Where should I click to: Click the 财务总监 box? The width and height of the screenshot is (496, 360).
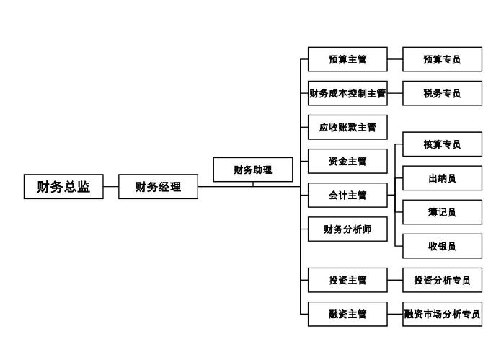click(x=63, y=188)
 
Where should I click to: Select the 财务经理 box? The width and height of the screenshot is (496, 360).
click(x=158, y=188)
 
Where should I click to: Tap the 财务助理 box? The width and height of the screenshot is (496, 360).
click(x=253, y=170)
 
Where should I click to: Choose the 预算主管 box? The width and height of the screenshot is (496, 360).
click(x=347, y=59)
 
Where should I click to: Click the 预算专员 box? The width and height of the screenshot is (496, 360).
click(x=442, y=59)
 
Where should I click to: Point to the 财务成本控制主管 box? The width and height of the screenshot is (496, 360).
click(x=347, y=93)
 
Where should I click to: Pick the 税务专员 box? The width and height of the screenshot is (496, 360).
click(x=442, y=93)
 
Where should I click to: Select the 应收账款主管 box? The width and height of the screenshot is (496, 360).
click(x=347, y=127)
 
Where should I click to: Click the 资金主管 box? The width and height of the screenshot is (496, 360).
click(x=347, y=161)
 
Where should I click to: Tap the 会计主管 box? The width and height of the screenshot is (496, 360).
click(x=347, y=195)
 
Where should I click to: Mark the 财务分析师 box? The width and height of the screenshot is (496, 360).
click(x=347, y=229)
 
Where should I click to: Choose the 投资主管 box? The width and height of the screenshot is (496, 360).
click(x=347, y=280)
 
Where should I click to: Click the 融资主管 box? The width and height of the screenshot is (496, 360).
click(x=347, y=314)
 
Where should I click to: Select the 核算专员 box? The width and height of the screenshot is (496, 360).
click(x=442, y=144)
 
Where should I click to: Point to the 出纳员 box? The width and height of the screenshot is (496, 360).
click(x=442, y=177)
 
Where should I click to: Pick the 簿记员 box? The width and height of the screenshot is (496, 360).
click(x=442, y=212)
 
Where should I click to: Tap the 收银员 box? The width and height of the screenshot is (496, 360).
click(x=442, y=246)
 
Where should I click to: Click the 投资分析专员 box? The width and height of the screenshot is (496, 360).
click(x=442, y=280)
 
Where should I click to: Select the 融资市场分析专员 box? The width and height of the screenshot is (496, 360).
click(x=442, y=314)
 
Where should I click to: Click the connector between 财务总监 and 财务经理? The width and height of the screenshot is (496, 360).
click(x=110, y=188)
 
